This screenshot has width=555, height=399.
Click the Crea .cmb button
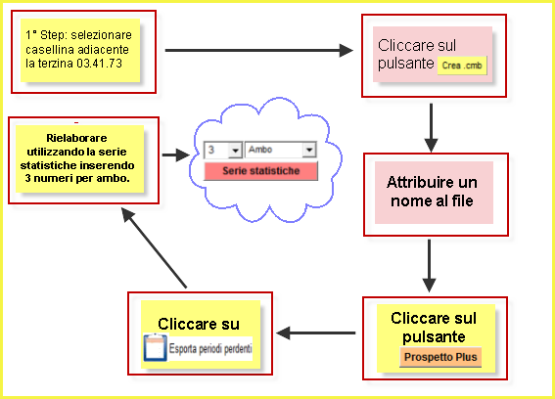pos(462,66)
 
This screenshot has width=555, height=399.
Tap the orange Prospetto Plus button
pos(440,357)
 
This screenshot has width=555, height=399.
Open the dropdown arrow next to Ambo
pos(309,150)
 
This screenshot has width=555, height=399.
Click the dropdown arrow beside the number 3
pos(235,151)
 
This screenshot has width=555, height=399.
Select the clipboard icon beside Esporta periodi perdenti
pos(155,347)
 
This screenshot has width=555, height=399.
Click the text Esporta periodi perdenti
pos(210,349)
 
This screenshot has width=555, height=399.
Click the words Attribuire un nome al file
pos(432,192)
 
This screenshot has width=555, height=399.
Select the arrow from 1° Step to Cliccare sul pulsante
pos(259,50)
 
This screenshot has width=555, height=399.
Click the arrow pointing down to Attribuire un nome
pos(431,128)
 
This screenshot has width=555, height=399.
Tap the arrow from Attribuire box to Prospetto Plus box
pos(429,266)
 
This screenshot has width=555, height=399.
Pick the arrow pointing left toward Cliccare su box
pos(316,332)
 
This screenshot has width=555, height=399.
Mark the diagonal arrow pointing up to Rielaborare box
pos(154,247)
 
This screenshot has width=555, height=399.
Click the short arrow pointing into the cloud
pos(176,155)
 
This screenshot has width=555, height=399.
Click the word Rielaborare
pos(76,138)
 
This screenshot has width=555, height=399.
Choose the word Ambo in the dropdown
pos(260,150)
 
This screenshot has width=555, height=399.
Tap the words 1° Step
pos(46,35)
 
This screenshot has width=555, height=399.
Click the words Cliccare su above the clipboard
pos(199,324)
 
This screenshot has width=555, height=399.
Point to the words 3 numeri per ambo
pos(77,178)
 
